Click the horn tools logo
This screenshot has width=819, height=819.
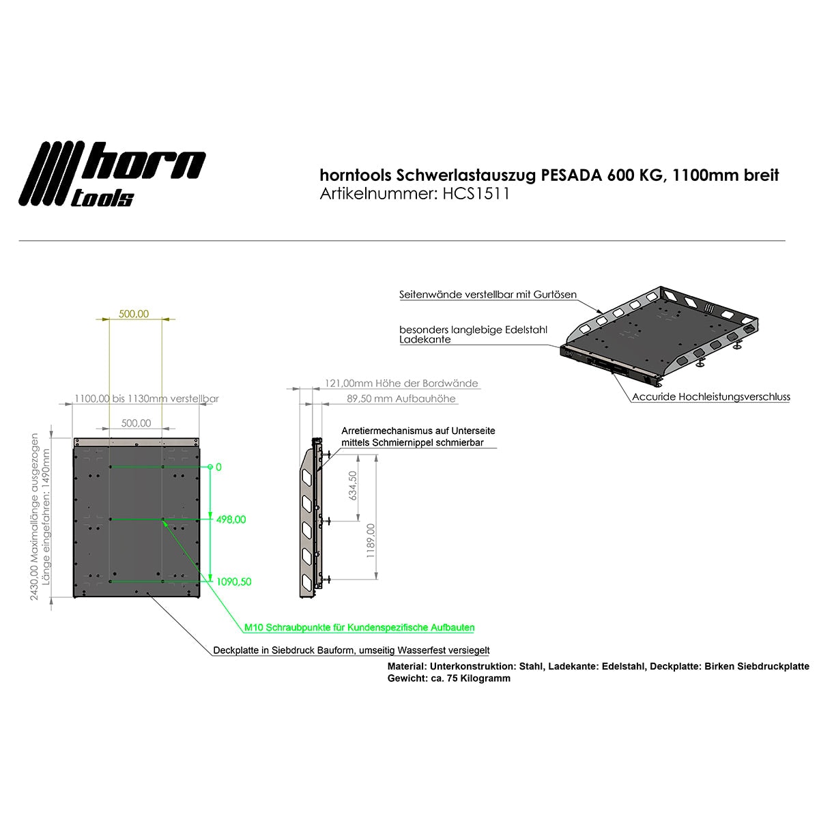click(113, 173)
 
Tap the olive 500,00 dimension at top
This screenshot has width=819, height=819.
click(134, 314)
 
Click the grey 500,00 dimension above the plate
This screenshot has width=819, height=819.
click(136, 423)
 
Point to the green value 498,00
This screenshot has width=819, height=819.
click(231, 519)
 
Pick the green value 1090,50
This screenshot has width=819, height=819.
click(233, 581)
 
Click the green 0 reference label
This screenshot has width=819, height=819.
click(218, 468)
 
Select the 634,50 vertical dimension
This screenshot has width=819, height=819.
click(353, 485)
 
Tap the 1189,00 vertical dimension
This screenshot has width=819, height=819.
click(371, 541)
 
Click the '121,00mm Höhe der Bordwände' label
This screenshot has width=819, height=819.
click(401, 384)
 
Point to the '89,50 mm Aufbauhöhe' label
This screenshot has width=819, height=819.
click(401, 399)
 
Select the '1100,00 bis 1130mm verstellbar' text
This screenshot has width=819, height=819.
click(146, 399)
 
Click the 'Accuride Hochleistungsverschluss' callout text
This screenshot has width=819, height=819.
click(710, 397)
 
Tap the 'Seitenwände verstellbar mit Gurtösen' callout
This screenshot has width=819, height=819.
click(487, 295)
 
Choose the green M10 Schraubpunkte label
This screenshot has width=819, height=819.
click(359, 627)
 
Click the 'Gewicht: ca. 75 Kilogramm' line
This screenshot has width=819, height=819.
click(448, 678)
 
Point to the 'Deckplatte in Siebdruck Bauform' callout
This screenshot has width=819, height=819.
click(351, 650)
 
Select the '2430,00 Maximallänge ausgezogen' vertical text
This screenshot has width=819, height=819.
click(34, 515)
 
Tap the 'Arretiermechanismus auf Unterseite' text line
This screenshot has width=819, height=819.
click(418, 431)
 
